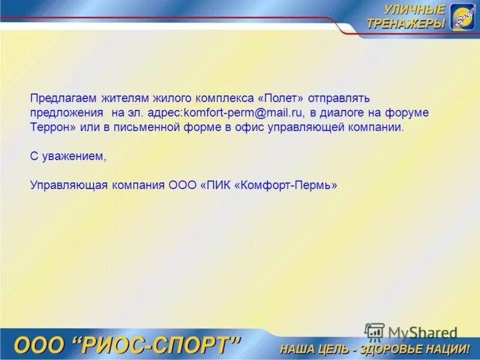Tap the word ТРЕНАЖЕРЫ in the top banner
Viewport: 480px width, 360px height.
406,23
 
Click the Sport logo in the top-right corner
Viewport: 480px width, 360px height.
463,17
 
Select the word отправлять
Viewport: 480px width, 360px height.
342,98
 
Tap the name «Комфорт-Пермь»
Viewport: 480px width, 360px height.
287,185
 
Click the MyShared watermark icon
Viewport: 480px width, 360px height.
374,332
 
